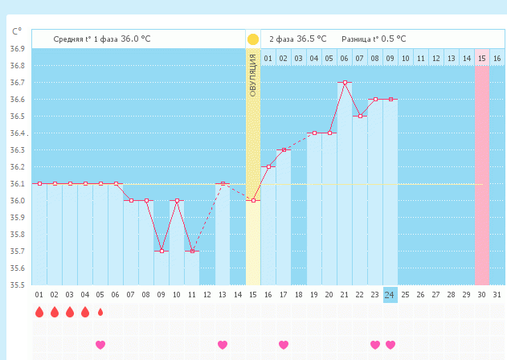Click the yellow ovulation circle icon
click(x=253, y=39)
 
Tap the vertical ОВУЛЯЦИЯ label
click(x=253, y=76)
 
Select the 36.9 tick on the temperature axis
click(x=17, y=49)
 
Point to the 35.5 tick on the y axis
click(x=17, y=284)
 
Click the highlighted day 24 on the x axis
click(x=390, y=295)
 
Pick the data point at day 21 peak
click(x=344, y=83)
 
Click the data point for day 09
click(x=161, y=251)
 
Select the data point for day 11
click(x=191, y=251)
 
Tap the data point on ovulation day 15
click(x=253, y=200)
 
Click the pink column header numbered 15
click(x=482, y=58)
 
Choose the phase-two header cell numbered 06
click(x=344, y=58)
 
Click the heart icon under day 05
click(x=100, y=345)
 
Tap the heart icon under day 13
click(x=223, y=345)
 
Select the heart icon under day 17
click(x=284, y=345)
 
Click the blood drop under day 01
click(x=39, y=312)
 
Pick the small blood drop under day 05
click(x=100, y=312)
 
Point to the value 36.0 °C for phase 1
click(x=135, y=39)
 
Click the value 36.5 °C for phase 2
click(x=312, y=39)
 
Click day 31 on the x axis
click(x=497, y=295)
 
